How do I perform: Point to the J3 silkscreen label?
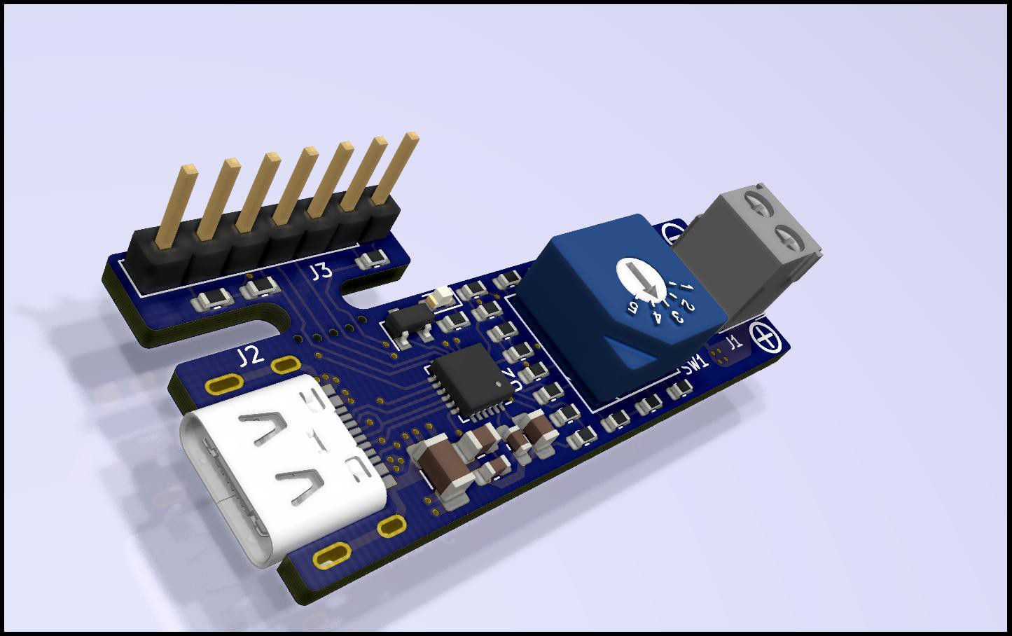[321, 272]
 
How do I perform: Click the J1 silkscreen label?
[733, 343]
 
